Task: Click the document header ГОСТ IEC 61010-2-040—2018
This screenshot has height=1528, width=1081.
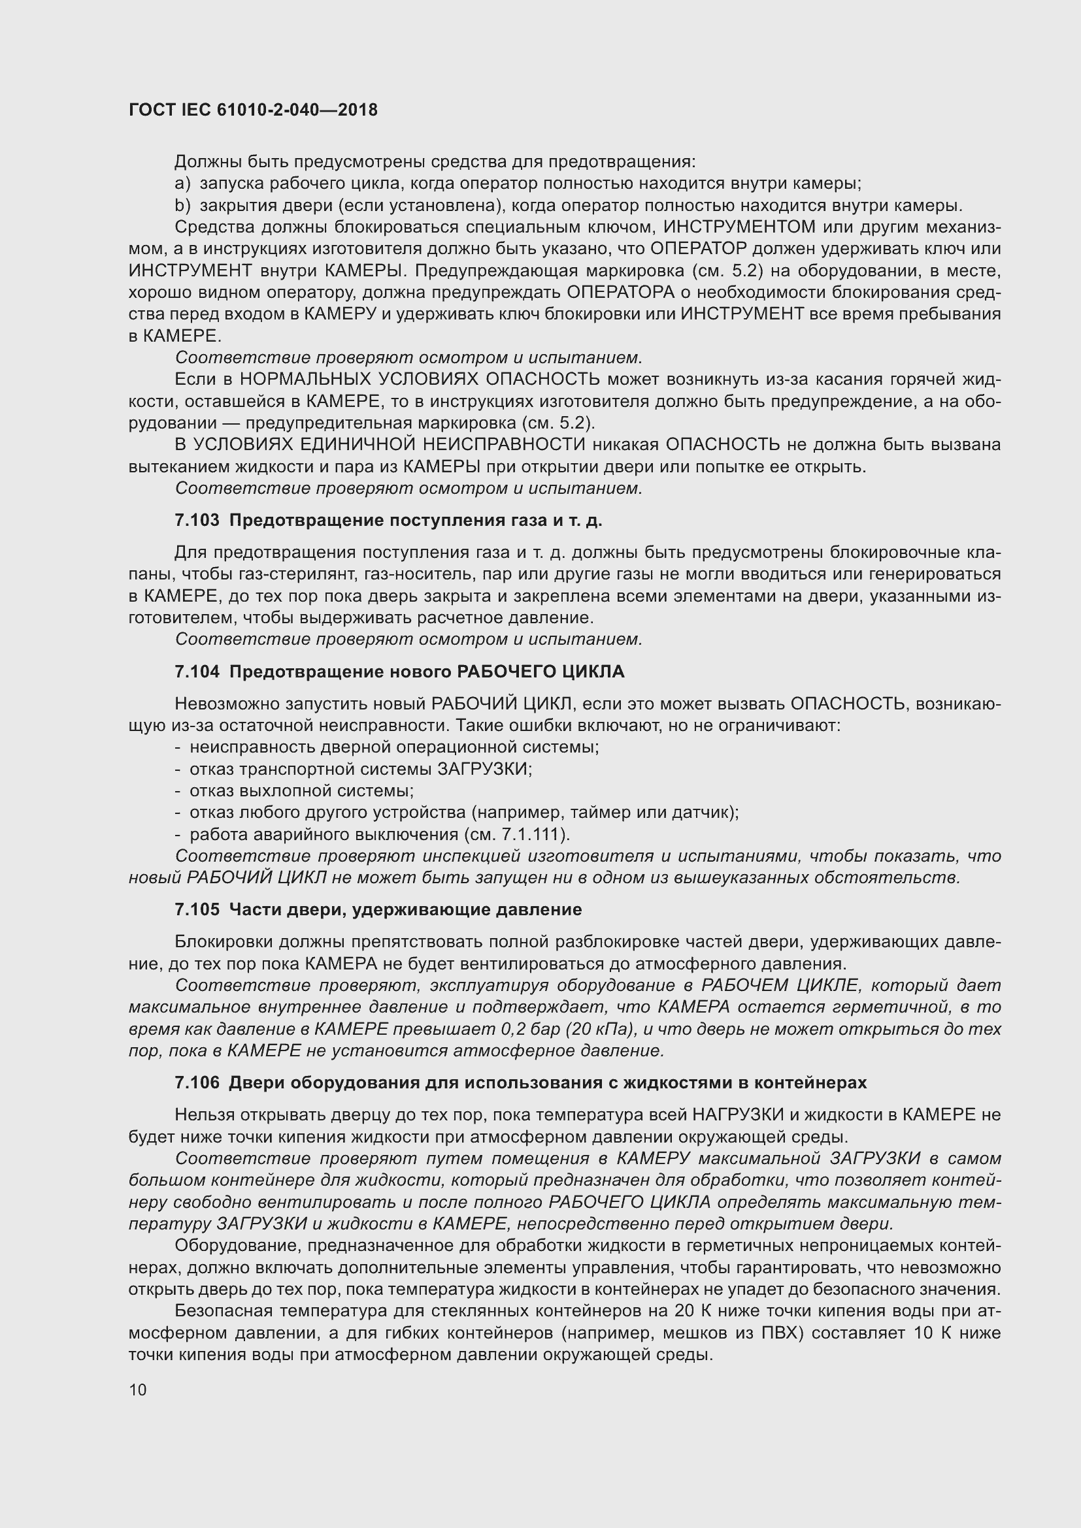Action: coord(253,110)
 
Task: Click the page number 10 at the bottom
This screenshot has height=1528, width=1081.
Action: coord(138,1390)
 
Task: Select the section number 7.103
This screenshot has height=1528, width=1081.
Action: coord(197,521)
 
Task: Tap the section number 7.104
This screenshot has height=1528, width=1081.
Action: coord(197,672)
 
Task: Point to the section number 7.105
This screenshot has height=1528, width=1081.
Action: coord(197,910)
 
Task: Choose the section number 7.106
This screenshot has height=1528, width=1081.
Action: coord(197,1082)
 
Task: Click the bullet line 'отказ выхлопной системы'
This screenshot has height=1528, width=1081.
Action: coord(301,790)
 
